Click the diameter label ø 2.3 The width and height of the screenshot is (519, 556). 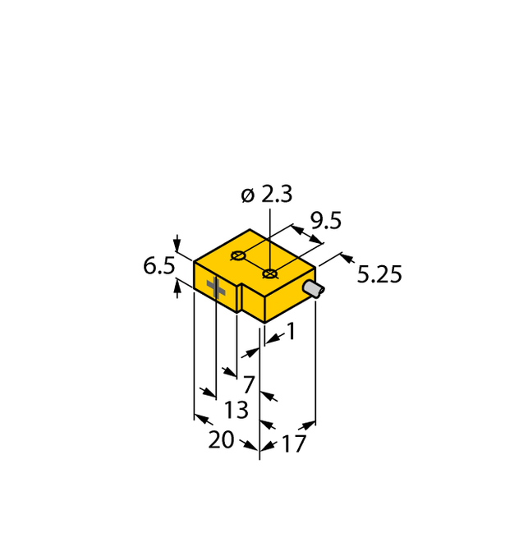266,195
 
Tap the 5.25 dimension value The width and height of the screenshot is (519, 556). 379,274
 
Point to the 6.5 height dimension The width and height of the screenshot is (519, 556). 158,266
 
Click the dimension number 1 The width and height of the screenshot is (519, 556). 290,331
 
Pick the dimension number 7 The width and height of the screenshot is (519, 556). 248,383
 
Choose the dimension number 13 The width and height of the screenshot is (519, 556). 236,409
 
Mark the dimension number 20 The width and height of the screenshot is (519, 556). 220,439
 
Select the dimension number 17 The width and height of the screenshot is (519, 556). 293,444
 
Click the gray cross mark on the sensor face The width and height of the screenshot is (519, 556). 216,287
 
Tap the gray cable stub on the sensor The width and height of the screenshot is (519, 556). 313,290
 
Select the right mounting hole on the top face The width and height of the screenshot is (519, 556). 269,273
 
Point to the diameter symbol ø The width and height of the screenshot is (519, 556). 247,195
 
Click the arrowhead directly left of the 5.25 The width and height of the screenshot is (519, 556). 347,259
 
